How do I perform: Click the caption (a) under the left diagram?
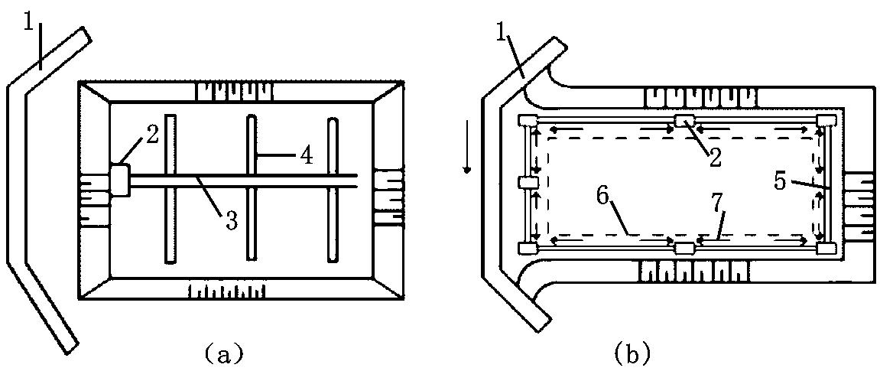point(224,353)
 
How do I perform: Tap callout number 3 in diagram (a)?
point(231,221)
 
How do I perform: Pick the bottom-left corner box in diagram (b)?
point(526,248)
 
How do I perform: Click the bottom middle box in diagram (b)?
point(685,248)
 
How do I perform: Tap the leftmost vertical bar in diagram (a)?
point(170,188)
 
